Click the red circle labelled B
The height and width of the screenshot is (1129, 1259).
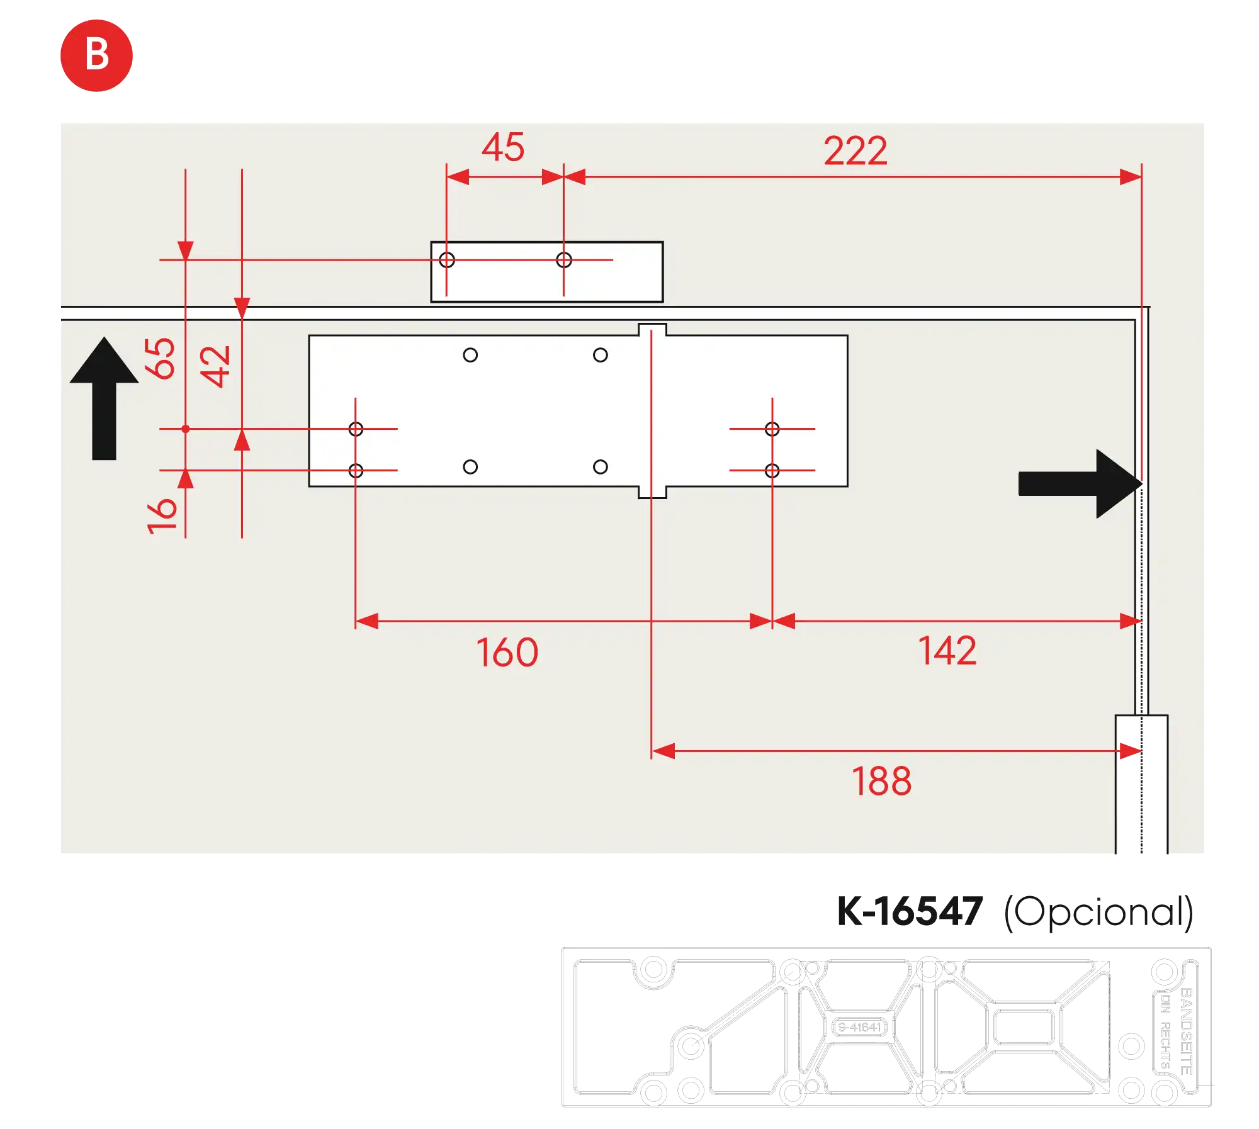click(x=96, y=55)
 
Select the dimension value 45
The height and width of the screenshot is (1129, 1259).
click(x=503, y=147)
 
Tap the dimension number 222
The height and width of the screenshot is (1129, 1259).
click(x=855, y=151)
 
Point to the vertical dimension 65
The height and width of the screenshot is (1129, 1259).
click(x=160, y=359)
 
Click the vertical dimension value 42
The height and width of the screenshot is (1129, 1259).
click(x=215, y=366)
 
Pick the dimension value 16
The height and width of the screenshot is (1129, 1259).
click(x=162, y=516)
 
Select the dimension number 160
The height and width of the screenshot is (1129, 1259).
click(x=507, y=653)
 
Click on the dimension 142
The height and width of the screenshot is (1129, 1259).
click(x=947, y=651)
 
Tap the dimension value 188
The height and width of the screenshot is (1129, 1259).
click(x=881, y=782)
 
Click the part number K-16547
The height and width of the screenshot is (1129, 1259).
click(x=908, y=911)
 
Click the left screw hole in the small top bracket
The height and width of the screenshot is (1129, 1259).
click(x=447, y=260)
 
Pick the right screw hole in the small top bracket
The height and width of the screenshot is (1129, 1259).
click(x=564, y=260)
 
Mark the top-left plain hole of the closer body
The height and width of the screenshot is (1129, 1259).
click(x=470, y=355)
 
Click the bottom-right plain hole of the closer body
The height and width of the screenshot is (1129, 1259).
click(x=601, y=467)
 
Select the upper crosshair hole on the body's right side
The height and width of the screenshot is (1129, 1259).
click(x=772, y=429)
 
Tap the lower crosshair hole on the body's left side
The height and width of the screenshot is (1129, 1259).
click(x=356, y=471)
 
